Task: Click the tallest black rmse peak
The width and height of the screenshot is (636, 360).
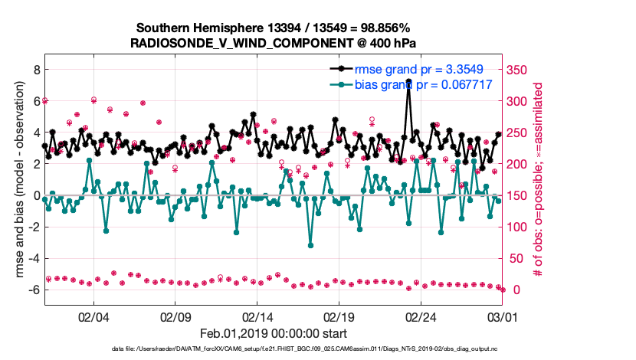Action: [408, 80]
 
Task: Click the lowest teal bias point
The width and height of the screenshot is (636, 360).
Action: [310, 245]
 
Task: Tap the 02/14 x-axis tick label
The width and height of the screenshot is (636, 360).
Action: [257, 316]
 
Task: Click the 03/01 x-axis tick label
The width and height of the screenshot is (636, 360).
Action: [503, 316]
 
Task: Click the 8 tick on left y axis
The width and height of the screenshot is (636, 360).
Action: [35, 69]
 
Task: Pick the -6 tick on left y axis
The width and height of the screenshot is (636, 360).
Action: [33, 290]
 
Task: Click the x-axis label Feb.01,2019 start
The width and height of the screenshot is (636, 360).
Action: [274, 333]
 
